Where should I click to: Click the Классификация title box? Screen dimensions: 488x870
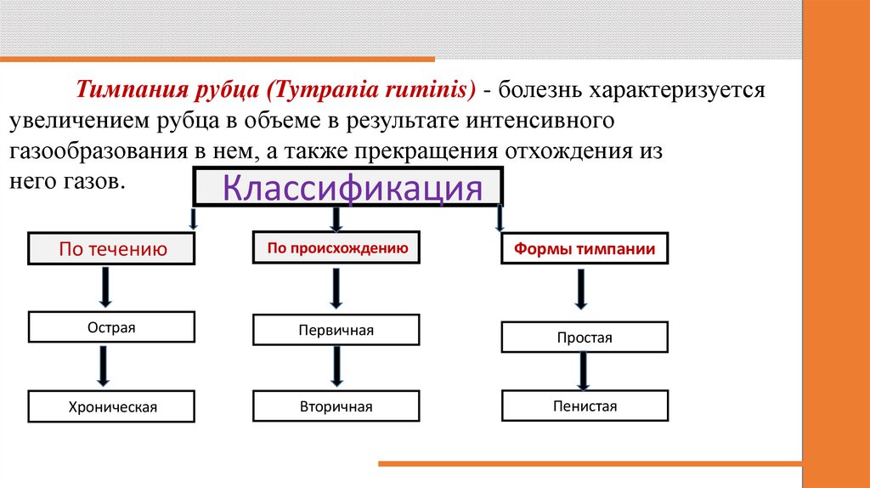(x=348, y=187)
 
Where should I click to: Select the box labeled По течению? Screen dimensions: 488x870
(x=111, y=249)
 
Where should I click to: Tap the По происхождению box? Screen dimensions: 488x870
(x=337, y=249)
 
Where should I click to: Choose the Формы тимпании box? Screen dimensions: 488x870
(x=583, y=250)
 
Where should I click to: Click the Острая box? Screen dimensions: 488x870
(x=111, y=326)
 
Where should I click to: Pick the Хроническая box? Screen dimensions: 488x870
(x=112, y=406)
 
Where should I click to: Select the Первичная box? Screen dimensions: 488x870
(x=336, y=330)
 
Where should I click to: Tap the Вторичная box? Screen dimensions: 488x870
(x=336, y=406)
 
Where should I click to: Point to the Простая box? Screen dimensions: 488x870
(x=585, y=338)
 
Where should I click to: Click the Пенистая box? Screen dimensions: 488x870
(x=585, y=406)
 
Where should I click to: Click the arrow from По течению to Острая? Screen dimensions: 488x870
(x=105, y=287)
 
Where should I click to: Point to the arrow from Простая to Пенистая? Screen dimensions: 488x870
(x=584, y=371)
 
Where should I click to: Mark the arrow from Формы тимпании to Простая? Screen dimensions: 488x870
(x=581, y=289)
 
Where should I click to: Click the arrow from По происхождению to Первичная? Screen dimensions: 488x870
(x=336, y=289)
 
